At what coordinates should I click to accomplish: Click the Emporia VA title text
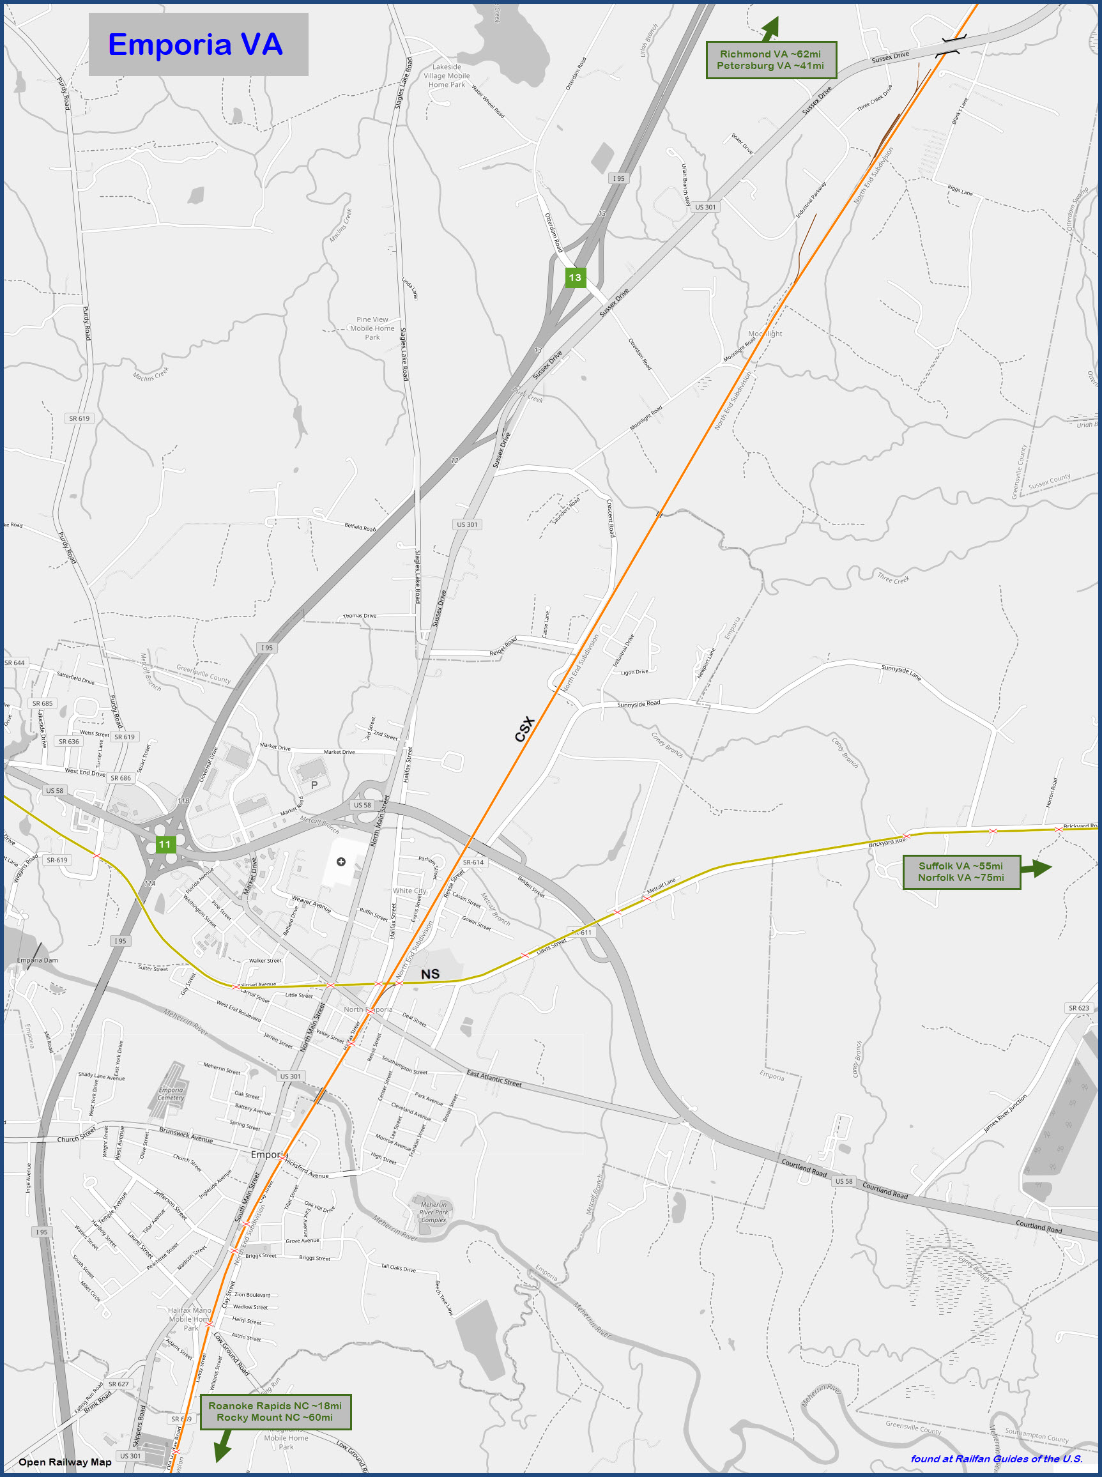(x=195, y=45)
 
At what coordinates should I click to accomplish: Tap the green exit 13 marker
(x=575, y=277)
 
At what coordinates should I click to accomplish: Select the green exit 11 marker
(x=165, y=845)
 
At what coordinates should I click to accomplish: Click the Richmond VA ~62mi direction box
(x=770, y=60)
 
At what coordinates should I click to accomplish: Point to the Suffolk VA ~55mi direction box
(x=961, y=872)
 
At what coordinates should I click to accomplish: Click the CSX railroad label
(x=525, y=729)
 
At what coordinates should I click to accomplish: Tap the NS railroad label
(x=431, y=974)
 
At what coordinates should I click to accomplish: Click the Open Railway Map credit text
(x=65, y=1462)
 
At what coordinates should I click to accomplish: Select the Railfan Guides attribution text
(x=997, y=1459)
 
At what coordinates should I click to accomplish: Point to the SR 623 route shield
(x=1078, y=1008)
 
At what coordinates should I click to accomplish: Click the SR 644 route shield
(x=15, y=663)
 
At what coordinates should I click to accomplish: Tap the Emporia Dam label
(x=37, y=961)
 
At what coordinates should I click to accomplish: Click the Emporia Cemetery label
(x=171, y=1094)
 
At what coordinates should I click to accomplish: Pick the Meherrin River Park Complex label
(x=434, y=1212)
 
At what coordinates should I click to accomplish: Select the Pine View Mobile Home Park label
(x=372, y=328)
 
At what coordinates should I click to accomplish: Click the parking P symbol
(x=314, y=785)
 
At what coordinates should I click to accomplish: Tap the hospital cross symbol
(x=341, y=862)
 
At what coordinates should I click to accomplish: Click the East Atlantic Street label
(x=494, y=1079)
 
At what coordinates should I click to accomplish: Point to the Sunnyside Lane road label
(x=901, y=673)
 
